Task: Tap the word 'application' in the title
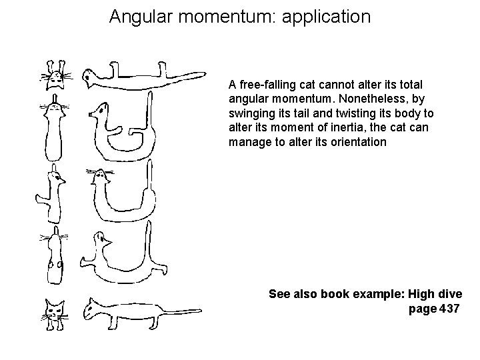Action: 326,16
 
